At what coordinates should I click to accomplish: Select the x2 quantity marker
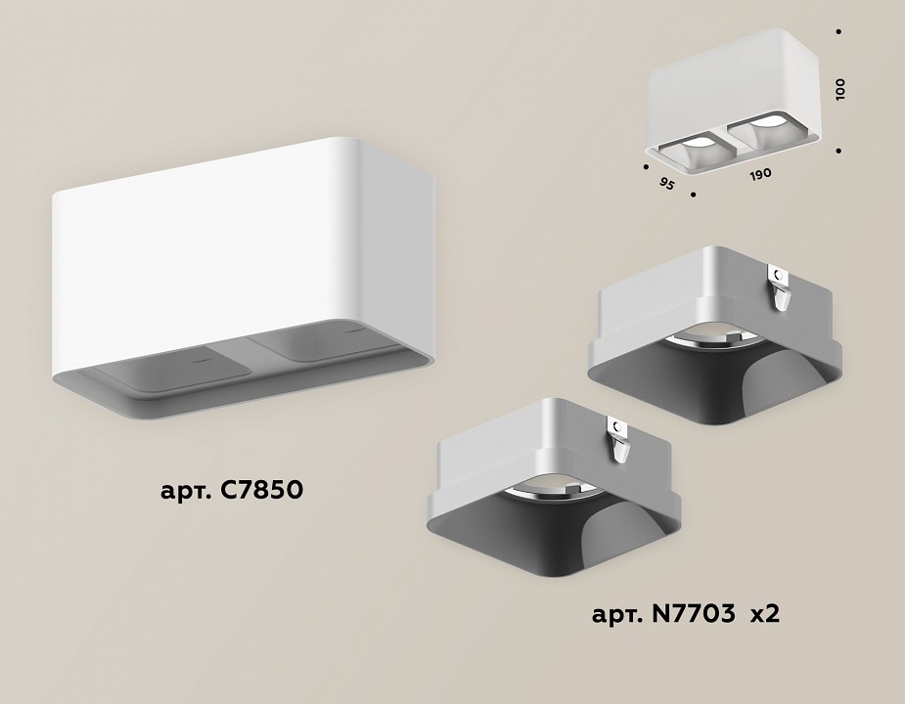tap(763, 615)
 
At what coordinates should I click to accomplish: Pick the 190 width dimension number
tap(760, 173)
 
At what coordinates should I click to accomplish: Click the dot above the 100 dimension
tap(839, 31)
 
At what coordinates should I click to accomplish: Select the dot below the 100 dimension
tap(839, 151)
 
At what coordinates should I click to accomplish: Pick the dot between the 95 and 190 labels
tap(694, 196)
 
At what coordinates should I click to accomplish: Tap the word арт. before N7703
tap(618, 615)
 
